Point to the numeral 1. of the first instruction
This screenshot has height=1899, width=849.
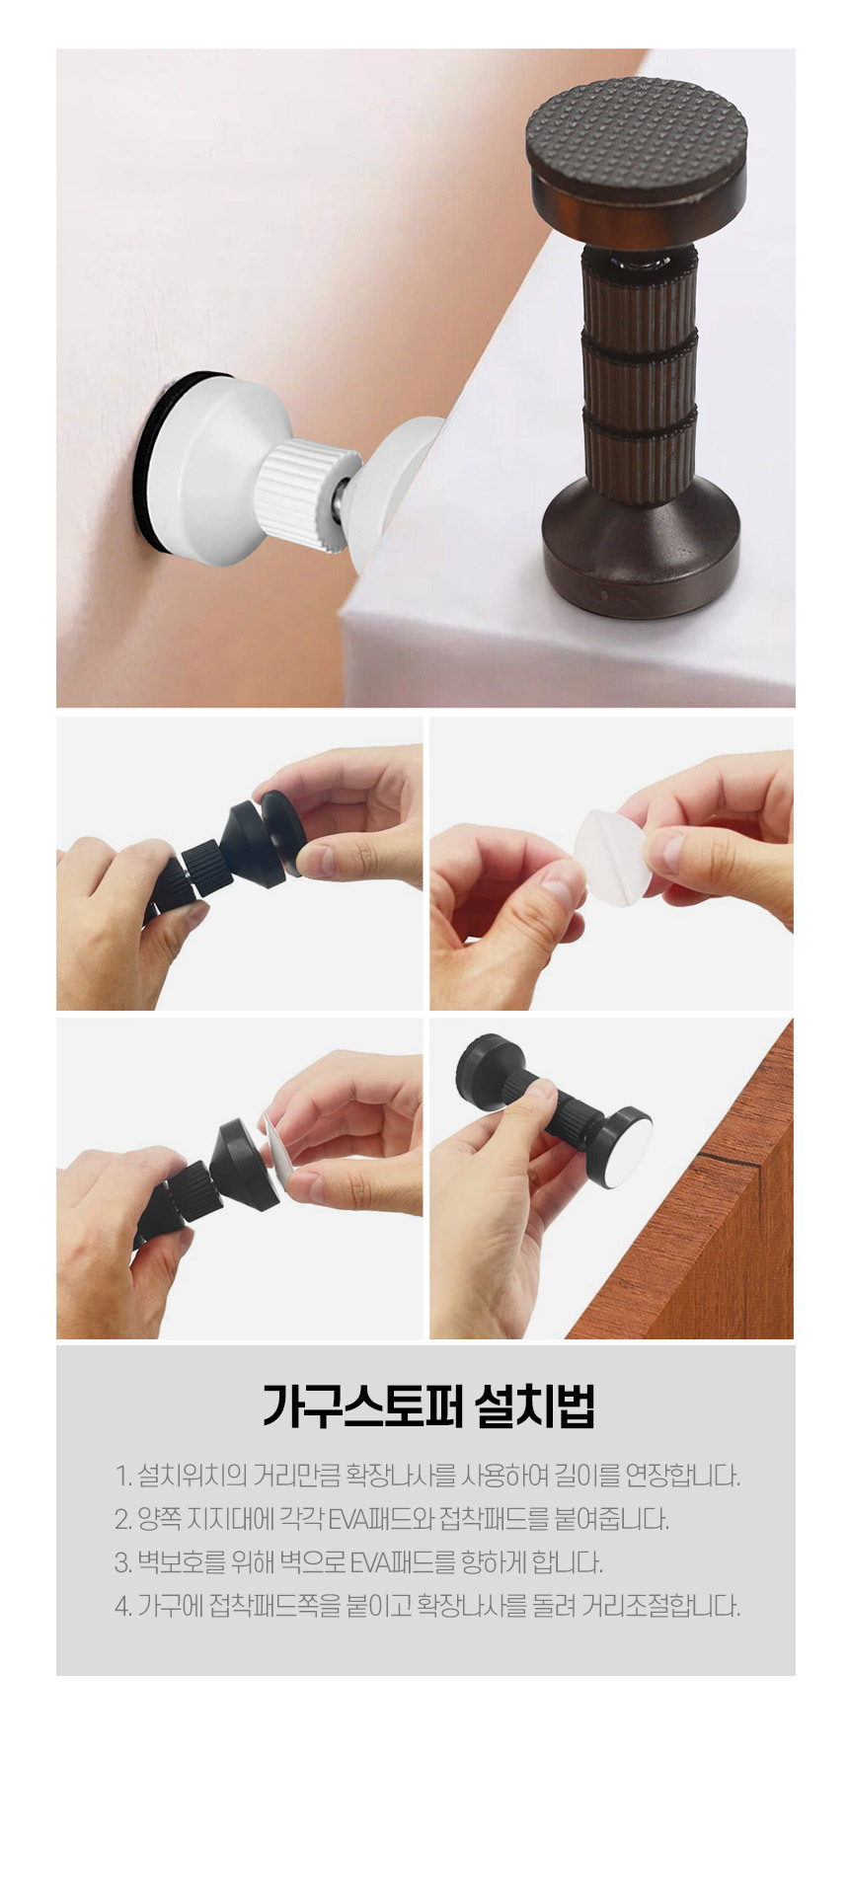click(x=122, y=1477)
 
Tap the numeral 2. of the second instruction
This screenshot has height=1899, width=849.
click(x=122, y=1520)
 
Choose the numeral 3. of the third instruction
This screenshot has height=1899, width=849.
click(x=122, y=1563)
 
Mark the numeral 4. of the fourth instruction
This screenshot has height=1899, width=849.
click(x=122, y=1607)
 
